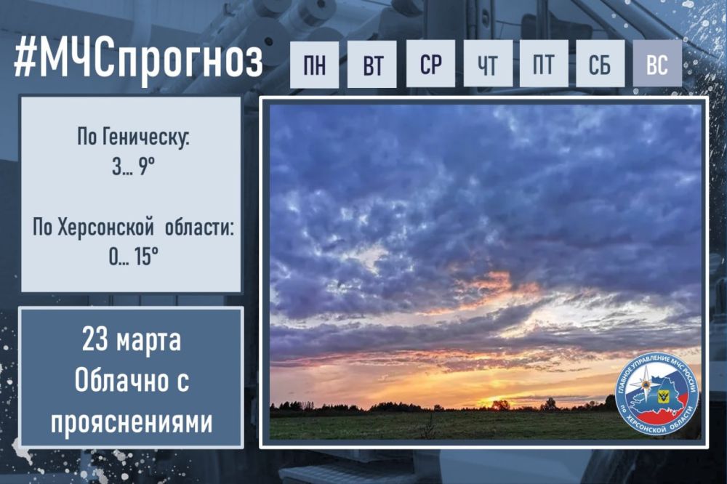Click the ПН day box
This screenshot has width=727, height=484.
pyautogui.click(x=314, y=65)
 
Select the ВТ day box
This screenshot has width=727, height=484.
pyautogui.click(x=372, y=65)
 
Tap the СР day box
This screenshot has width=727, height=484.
pyautogui.click(x=430, y=64)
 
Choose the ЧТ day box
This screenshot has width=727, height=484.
pyautogui.click(x=487, y=65)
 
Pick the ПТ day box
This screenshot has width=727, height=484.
pyautogui.click(x=544, y=64)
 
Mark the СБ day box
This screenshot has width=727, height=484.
pyautogui.click(x=601, y=64)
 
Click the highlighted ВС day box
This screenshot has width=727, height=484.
pyautogui.click(x=657, y=64)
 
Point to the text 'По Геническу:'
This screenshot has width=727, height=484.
pyautogui.click(x=132, y=138)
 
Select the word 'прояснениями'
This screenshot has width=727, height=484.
pyautogui.click(x=132, y=422)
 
